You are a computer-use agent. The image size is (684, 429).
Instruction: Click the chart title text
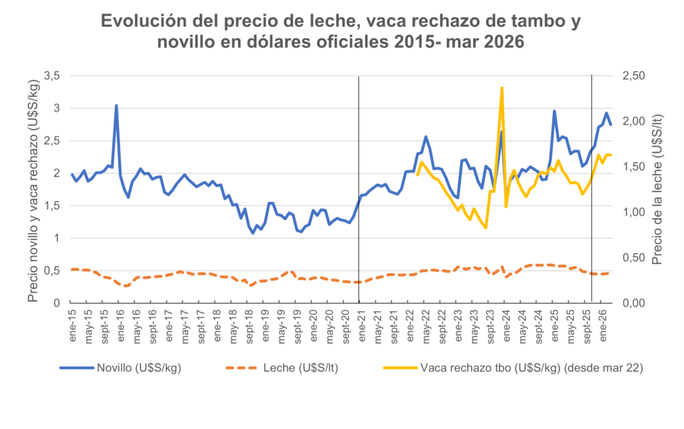[x=341, y=31]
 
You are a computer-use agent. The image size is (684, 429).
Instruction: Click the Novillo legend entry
[x=120, y=368]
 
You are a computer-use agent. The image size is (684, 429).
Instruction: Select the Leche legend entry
[x=282, y=368]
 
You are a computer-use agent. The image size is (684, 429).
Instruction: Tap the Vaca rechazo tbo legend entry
[x=513, y=368]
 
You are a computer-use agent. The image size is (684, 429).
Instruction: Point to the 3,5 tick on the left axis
[x=51, y=76]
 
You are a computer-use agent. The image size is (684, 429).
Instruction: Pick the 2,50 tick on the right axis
[x=634, y=76]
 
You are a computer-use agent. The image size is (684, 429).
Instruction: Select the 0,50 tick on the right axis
[x=634, y=258]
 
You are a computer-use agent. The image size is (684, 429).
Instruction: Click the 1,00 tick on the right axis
[x=634, y=213]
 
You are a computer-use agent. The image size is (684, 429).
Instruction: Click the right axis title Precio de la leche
[x=657, y=189]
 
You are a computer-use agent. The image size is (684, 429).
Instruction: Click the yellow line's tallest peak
[x=502, y=88]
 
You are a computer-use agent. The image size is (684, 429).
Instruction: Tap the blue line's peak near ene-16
[x=116, y=105]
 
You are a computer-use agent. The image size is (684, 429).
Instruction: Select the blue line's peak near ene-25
[x=554, y=111]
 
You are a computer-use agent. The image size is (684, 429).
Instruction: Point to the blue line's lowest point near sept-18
[x=252, y=233]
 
